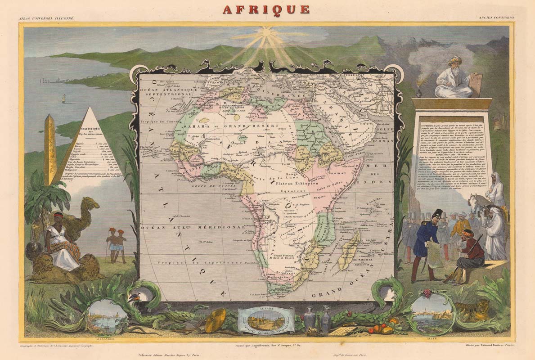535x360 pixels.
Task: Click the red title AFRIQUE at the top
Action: tap(267, 9)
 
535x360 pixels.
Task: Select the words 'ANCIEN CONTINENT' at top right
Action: tap(496, 18)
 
